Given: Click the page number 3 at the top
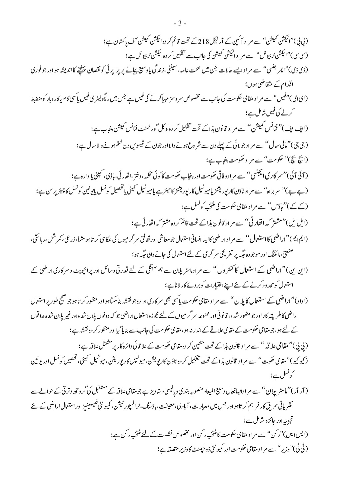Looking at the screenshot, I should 180,23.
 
